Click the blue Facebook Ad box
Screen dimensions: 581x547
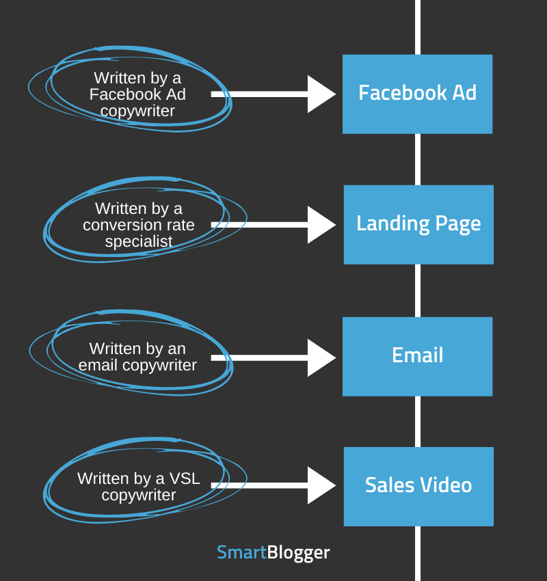click(x=417, y=94)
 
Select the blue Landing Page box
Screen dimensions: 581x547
click(x=418, y=224)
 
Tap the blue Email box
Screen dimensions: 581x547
click(x=417, y=356)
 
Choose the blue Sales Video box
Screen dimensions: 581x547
click(x=418, y=486)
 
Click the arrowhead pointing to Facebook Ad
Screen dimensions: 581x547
click(x=320, y=94)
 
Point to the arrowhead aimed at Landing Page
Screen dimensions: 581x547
click(x=320, y=225)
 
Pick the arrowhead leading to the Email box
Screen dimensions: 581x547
click(x=320, y=357)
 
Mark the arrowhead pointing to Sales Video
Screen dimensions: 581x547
click(x=320, y=485)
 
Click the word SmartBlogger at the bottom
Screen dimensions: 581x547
click(x=273, y=552)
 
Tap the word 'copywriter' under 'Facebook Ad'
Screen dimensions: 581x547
click(x=137, y=111)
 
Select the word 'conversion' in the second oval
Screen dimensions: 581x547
click(x=118, y=225)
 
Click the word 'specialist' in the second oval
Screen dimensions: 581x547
click(x=139, y=241)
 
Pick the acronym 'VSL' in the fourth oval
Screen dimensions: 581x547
click(x=185, y=478)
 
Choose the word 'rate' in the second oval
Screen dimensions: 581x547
click(x=178, y=225)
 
